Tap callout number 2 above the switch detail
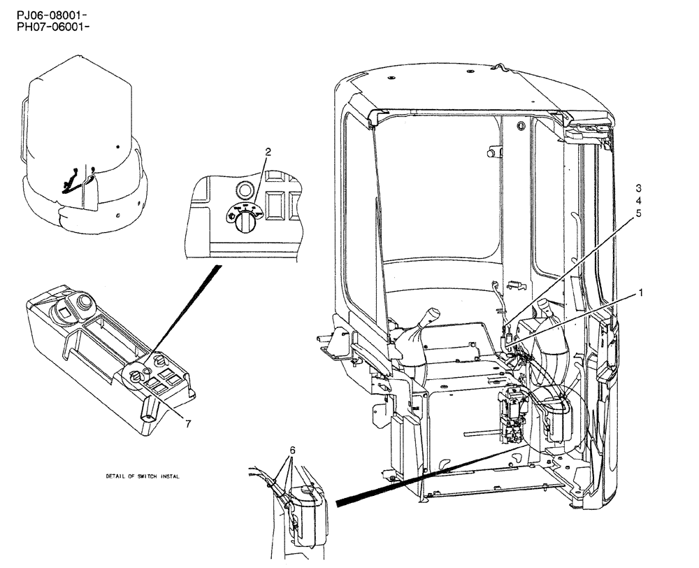(x=266, y=152)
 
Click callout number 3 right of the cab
(x=638, y=188)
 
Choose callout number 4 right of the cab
(x=638, y=201)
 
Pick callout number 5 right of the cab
(x=638, y=215)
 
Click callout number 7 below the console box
(x=187, y=422)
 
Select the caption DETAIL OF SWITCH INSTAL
(x=143, y=476)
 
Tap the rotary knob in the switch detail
(x=245, y=223)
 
